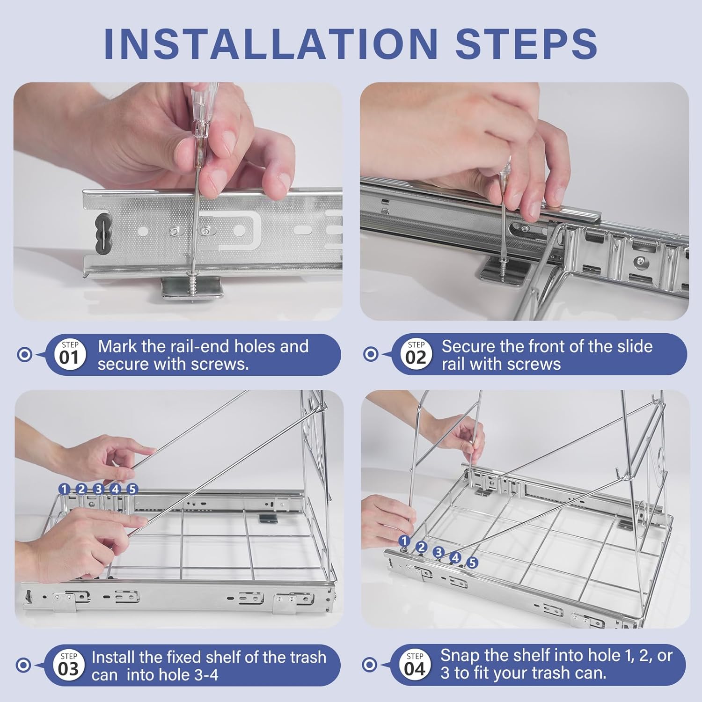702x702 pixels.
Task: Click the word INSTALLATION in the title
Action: (x=271, y=44)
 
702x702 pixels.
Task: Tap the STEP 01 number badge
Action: (x=69, y=354)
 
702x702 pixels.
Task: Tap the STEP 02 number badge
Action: (x=416, y=354)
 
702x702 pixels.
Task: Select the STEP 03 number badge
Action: (x=68, y=665)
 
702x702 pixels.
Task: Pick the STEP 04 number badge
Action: (x=415, y=665)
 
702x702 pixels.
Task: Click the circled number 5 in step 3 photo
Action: (x=132, y=489)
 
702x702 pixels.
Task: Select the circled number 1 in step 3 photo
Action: (x=64, y=489)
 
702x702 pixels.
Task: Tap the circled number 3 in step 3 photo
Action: (x=98, y=489)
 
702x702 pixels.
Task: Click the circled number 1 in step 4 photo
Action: (x=404, y=541)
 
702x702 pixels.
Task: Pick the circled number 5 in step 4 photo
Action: (x=472, y=563)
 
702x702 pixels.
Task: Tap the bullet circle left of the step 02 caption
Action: (x=371, y=354)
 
